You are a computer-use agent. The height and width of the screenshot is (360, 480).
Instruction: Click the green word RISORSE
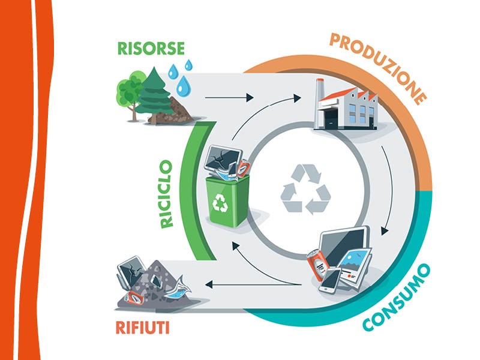(x=151, y=49)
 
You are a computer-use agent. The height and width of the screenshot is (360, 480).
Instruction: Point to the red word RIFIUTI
(x=142, y=328)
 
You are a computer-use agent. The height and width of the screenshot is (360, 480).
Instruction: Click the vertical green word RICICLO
(x=167, y=194)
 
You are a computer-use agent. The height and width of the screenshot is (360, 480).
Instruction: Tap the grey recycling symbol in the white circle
(x=306, y=189)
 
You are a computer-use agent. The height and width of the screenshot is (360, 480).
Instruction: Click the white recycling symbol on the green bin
(x=220, y=203)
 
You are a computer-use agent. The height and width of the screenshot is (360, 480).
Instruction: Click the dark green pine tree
(x=153, y=94)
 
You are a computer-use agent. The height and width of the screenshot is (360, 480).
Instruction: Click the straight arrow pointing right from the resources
(x=229, y=98)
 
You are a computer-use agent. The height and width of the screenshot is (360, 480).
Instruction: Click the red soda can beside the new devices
(x=319, y=264)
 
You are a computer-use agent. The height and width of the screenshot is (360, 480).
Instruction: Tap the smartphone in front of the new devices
(x=330, y=280)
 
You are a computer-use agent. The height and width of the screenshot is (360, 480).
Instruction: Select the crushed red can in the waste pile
(x=135, y=298)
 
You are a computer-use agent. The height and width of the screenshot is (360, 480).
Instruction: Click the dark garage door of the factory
(x=331, y=118)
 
